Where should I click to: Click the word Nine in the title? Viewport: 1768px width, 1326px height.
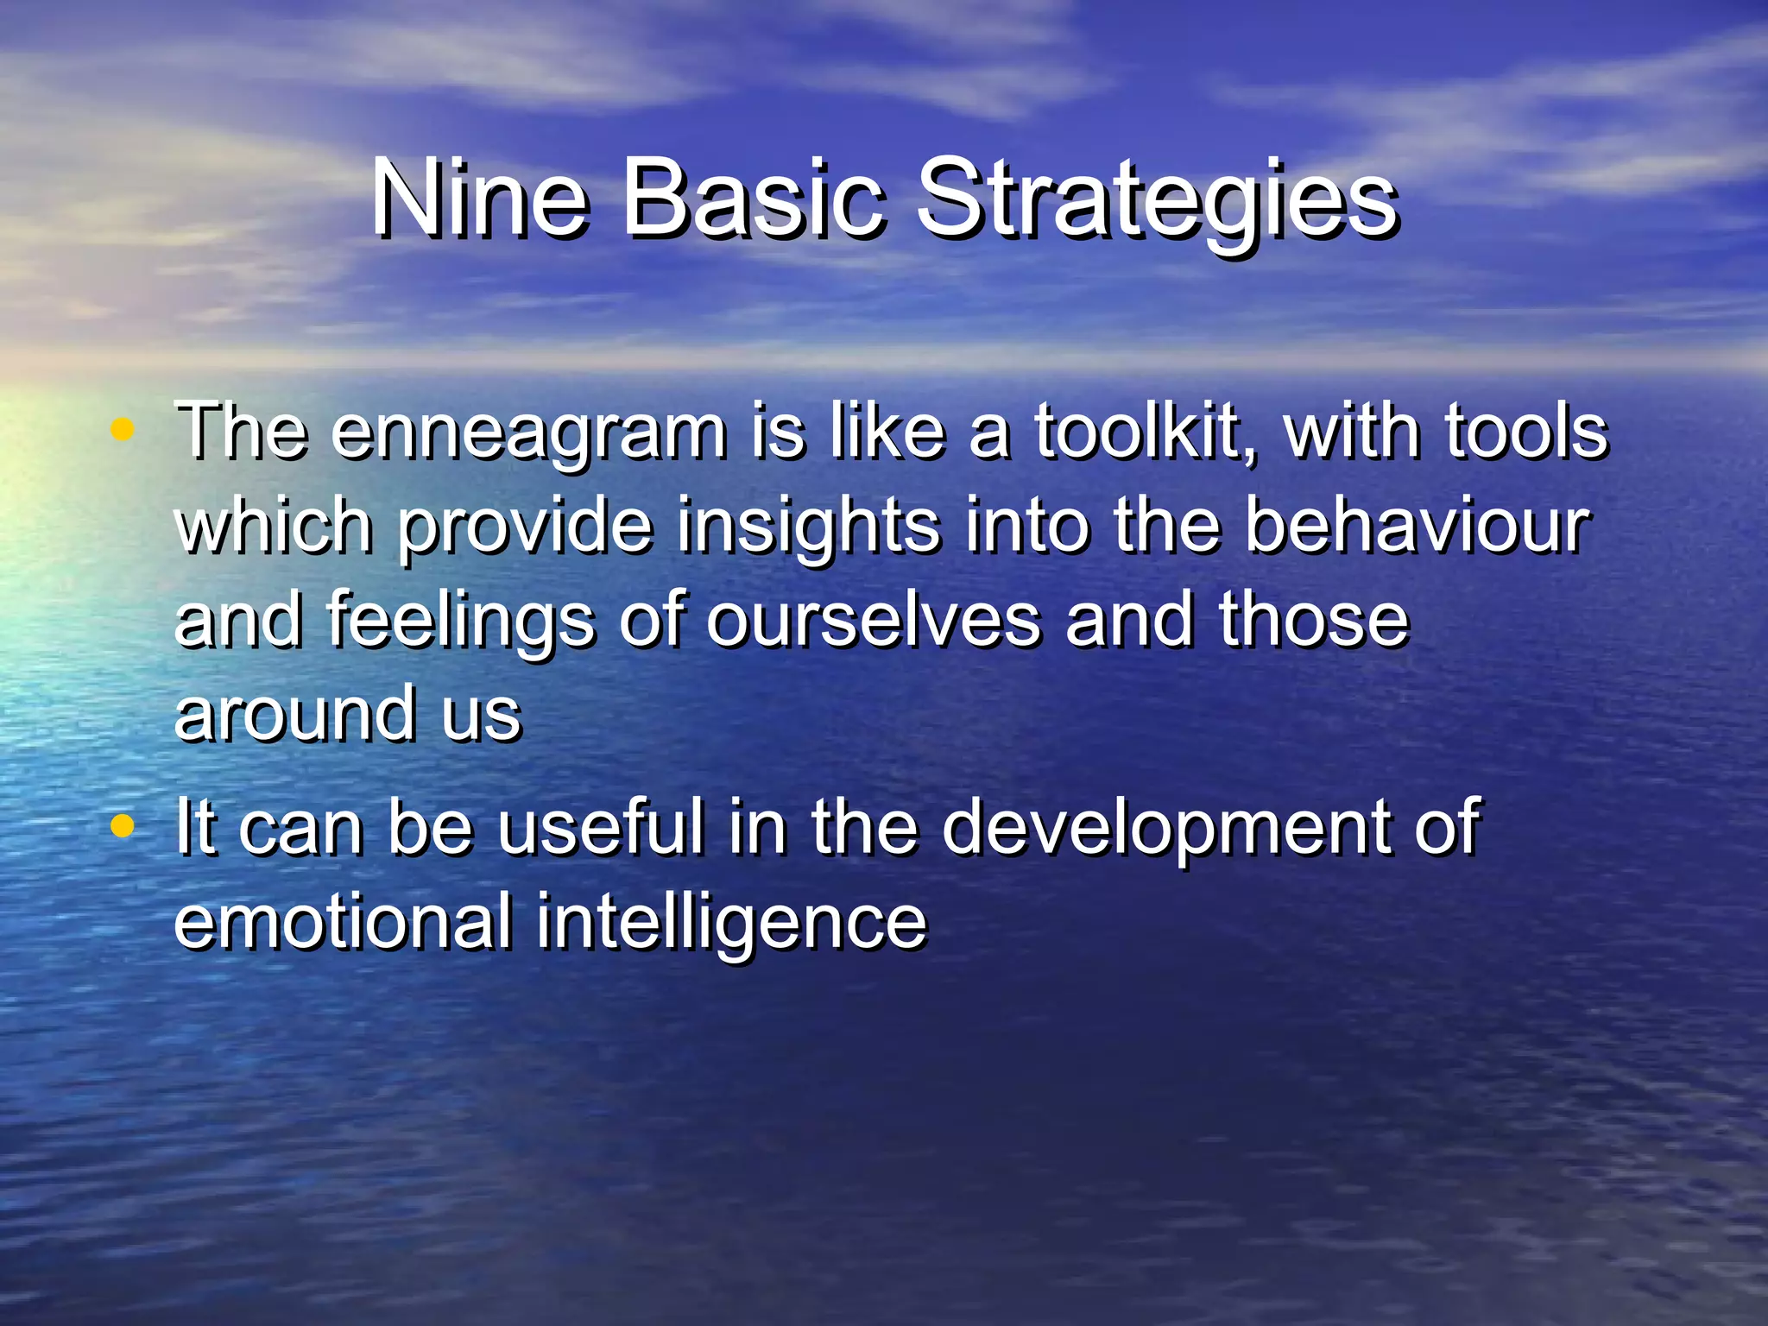tap(480, 200)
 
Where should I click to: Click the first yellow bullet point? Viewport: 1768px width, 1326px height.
tap(123, 429)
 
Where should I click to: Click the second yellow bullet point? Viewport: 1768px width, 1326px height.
tap(123, 824)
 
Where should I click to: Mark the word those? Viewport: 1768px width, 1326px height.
tap(1313, 620)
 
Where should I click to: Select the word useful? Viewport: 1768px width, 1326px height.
tap(601, 827)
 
